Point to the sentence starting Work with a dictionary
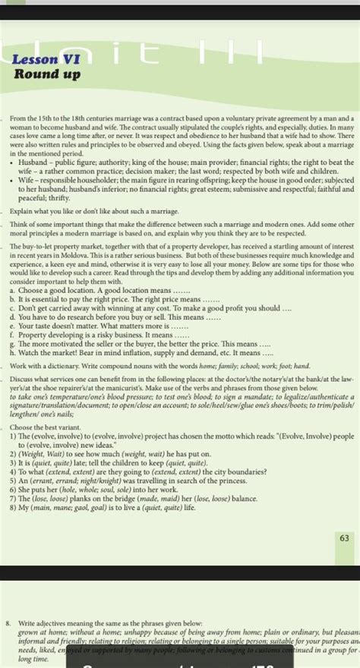(159, 365)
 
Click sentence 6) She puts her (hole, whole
(110, 490)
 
